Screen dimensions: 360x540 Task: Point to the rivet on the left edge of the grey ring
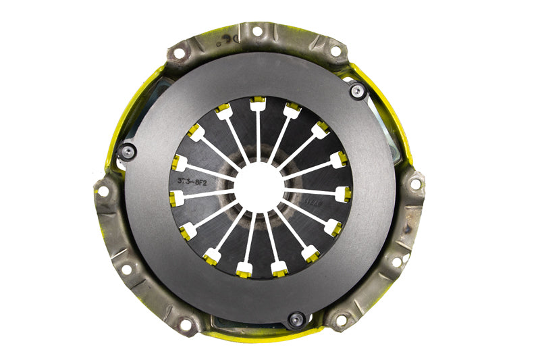click(126, 151)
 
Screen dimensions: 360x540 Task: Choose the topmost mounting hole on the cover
click(256, 30)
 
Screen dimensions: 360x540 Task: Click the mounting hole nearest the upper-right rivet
click(335, 51)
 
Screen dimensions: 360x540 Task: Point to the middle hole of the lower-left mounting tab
click(126, 269)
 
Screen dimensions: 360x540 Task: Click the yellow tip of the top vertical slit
click(257, 103)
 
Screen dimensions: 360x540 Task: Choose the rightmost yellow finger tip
click(344, 194)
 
